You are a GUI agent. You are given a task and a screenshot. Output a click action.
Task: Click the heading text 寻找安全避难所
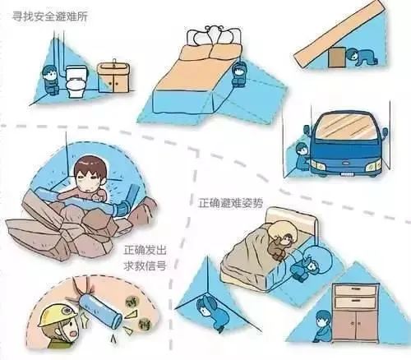coord(48,16)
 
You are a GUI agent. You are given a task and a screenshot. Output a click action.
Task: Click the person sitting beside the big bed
coord(240,75)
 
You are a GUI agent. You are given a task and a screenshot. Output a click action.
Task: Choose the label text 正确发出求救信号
coord(145,255)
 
